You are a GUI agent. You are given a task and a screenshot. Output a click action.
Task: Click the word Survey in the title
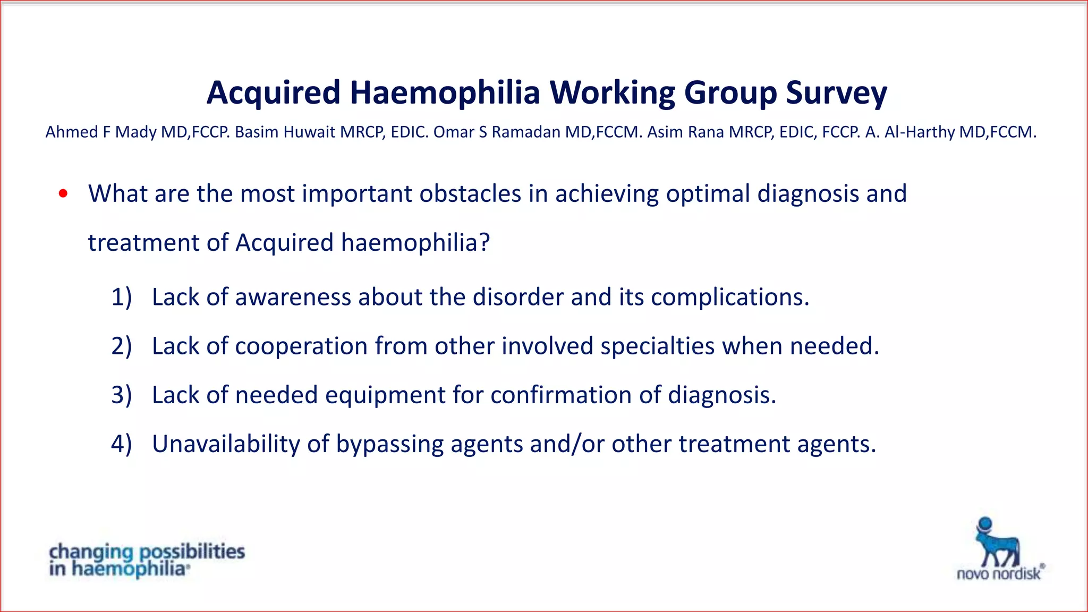pos(836,93)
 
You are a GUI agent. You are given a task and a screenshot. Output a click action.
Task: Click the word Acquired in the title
pos(273,93)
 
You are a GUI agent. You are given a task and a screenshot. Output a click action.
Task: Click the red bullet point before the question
pos(63,194)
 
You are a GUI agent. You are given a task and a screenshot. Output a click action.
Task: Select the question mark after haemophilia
pos(484,243)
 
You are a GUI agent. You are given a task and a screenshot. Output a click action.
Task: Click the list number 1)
pos(121,297)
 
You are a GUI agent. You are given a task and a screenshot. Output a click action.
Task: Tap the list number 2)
pos(121,346)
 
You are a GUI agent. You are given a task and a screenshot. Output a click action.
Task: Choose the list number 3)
pos(121,395)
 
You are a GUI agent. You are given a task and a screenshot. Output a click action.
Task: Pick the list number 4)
pos(121,444)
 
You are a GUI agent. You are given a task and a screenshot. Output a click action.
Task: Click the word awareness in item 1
pos(293,297)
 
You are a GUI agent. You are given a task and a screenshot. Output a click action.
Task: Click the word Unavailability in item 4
pos(226,444)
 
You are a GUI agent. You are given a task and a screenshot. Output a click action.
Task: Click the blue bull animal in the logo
pos(997,543)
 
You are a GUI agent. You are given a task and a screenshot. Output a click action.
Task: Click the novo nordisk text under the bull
pos(999,574)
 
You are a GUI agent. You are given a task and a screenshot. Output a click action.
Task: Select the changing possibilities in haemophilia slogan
pos(147,560)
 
